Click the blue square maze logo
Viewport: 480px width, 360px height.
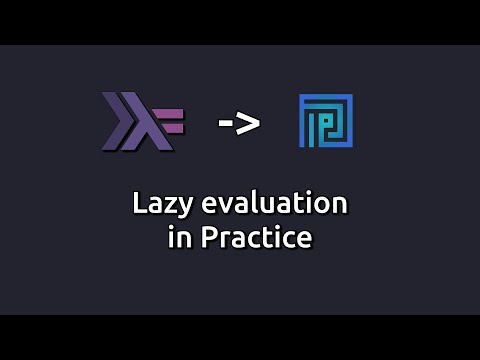(x=326, y=122)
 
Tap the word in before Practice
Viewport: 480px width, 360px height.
(x=178, y=240)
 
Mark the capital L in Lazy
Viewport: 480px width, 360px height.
(x=140, y=203)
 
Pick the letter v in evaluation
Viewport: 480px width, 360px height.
(x=223, y=205)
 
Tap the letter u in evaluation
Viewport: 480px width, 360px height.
(x=262, y=205)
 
